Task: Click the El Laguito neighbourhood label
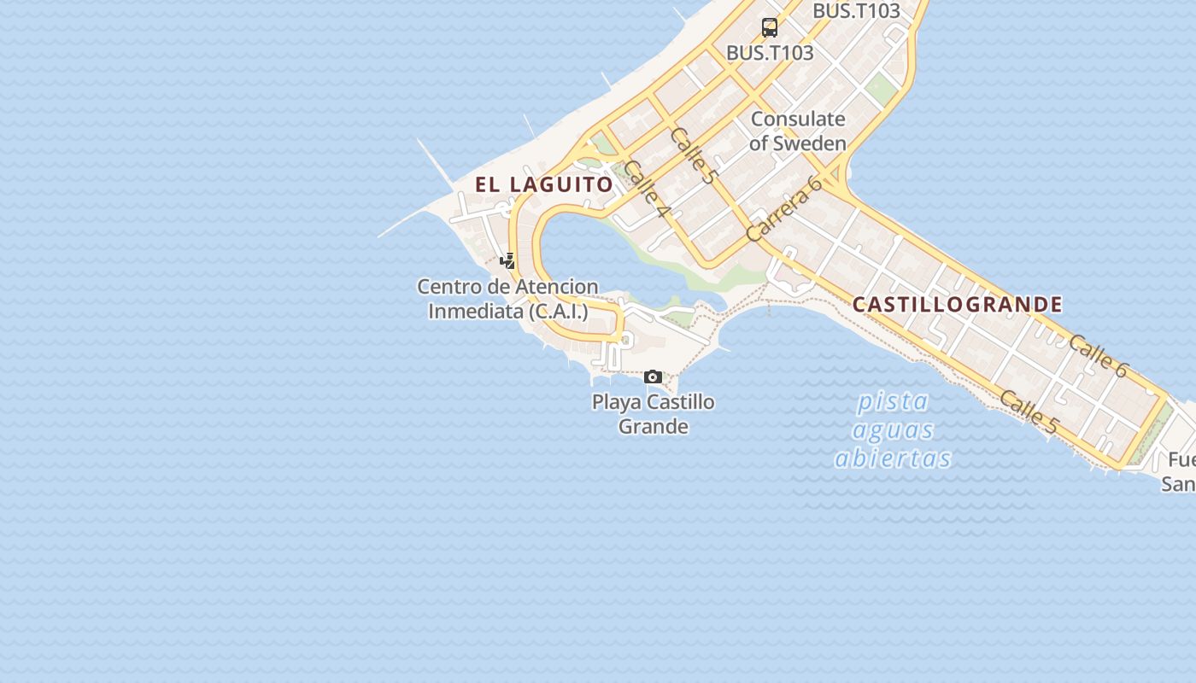[x=543, y=184]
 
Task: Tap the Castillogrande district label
[x=958, y=305]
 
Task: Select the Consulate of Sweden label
[x=798, y=131]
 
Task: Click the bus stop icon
[x=770, y=27]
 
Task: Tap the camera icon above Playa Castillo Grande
[x=654, y=377]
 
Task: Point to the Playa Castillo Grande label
[x=654, y=413]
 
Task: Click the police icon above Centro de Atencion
[x=508, y=260]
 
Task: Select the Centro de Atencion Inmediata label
[x=507, y=299]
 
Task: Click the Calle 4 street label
[x=646, y=188]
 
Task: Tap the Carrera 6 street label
[x=783, y=209]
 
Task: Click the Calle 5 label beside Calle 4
[x=693, y=155]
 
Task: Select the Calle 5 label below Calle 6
[x=1029, y=411]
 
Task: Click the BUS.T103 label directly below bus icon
[x=770, y=53]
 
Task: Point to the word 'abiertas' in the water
[x=893, y=458]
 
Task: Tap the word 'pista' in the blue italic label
[x=894, y=400]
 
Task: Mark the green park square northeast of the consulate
[x=880, y=88]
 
